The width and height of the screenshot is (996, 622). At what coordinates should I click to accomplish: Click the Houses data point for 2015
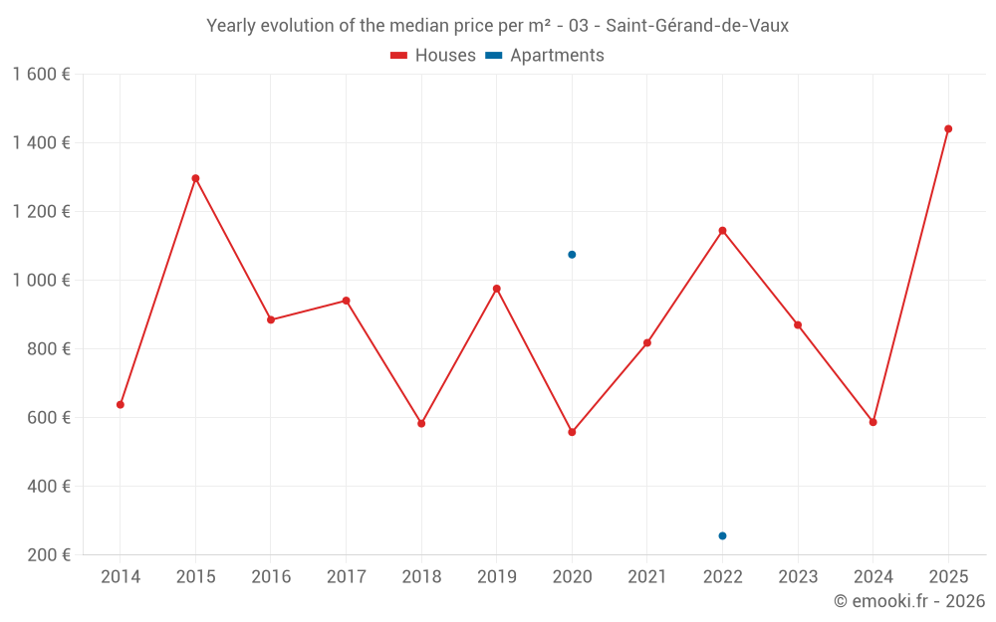tap(195, 178)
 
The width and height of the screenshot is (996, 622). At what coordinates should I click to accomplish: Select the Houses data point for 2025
tap(948, 128)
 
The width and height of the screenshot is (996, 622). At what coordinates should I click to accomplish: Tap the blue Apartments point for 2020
tap(572, 255)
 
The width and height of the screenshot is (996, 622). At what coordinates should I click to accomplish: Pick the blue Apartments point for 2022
tap(722, 535)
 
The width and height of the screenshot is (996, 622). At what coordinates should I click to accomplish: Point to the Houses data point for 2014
tap(121, 404)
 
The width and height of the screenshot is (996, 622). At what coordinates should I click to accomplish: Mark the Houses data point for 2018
tap(421, 423)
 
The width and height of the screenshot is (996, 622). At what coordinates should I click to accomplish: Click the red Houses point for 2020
tap(572, 432)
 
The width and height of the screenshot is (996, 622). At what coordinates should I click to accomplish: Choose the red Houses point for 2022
tap(722, 230)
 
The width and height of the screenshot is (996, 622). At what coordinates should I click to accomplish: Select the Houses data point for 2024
tap(872, 422)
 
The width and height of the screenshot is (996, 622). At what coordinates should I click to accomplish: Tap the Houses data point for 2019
tap(497, 289)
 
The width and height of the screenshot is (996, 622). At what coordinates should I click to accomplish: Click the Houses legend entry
tap(433, 56)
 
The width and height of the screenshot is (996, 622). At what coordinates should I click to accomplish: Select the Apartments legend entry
tap(545, 56)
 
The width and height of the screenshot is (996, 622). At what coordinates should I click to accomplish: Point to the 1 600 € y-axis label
tap(41, 75)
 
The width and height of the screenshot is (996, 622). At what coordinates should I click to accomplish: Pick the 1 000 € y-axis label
tap(41, 281)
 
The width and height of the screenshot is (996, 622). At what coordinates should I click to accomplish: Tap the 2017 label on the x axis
tap(346, 577)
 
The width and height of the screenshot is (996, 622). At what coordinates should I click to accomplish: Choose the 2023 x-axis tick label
tap(797, 577)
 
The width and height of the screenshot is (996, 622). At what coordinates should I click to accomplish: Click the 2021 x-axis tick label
tap(646, 577)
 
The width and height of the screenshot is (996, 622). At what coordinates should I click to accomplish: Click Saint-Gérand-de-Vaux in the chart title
tap(697, 26)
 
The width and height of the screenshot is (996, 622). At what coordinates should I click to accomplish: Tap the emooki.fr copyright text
tap(909, 601)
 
